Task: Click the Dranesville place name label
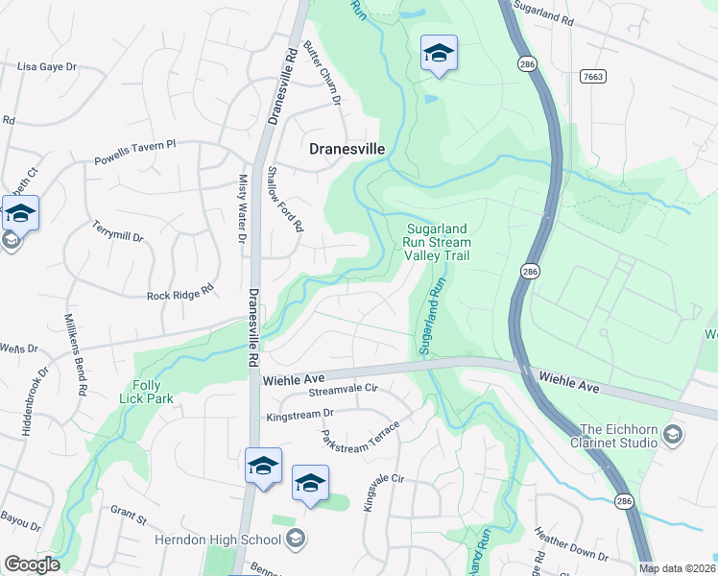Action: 347,149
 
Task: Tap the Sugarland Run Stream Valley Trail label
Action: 437,242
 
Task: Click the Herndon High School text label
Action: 219,539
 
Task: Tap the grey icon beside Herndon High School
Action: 297,538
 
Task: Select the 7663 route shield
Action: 593,75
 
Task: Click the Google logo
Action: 32,564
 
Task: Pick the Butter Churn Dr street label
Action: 323,73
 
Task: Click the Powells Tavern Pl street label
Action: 135,154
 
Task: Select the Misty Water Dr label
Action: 241,207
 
